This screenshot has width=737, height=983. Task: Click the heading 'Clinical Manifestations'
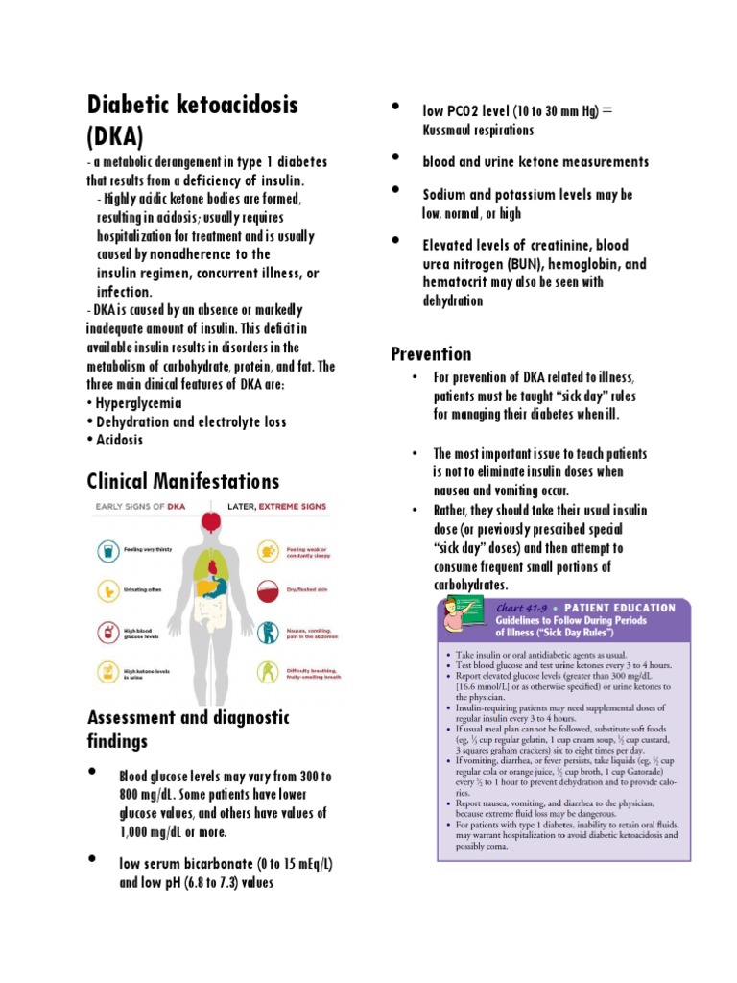182,481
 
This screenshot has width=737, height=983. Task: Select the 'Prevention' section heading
431,354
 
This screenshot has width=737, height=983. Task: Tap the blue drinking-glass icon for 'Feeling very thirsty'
109,551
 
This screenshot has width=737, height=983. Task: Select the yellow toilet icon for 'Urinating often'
109,592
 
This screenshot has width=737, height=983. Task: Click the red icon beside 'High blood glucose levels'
109,633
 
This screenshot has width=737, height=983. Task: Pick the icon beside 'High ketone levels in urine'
109,673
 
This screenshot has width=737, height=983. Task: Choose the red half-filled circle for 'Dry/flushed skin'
268,591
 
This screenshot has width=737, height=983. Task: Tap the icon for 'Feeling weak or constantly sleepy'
268,551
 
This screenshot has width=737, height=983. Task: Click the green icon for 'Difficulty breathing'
268,673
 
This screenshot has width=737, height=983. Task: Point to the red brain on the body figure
209,523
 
